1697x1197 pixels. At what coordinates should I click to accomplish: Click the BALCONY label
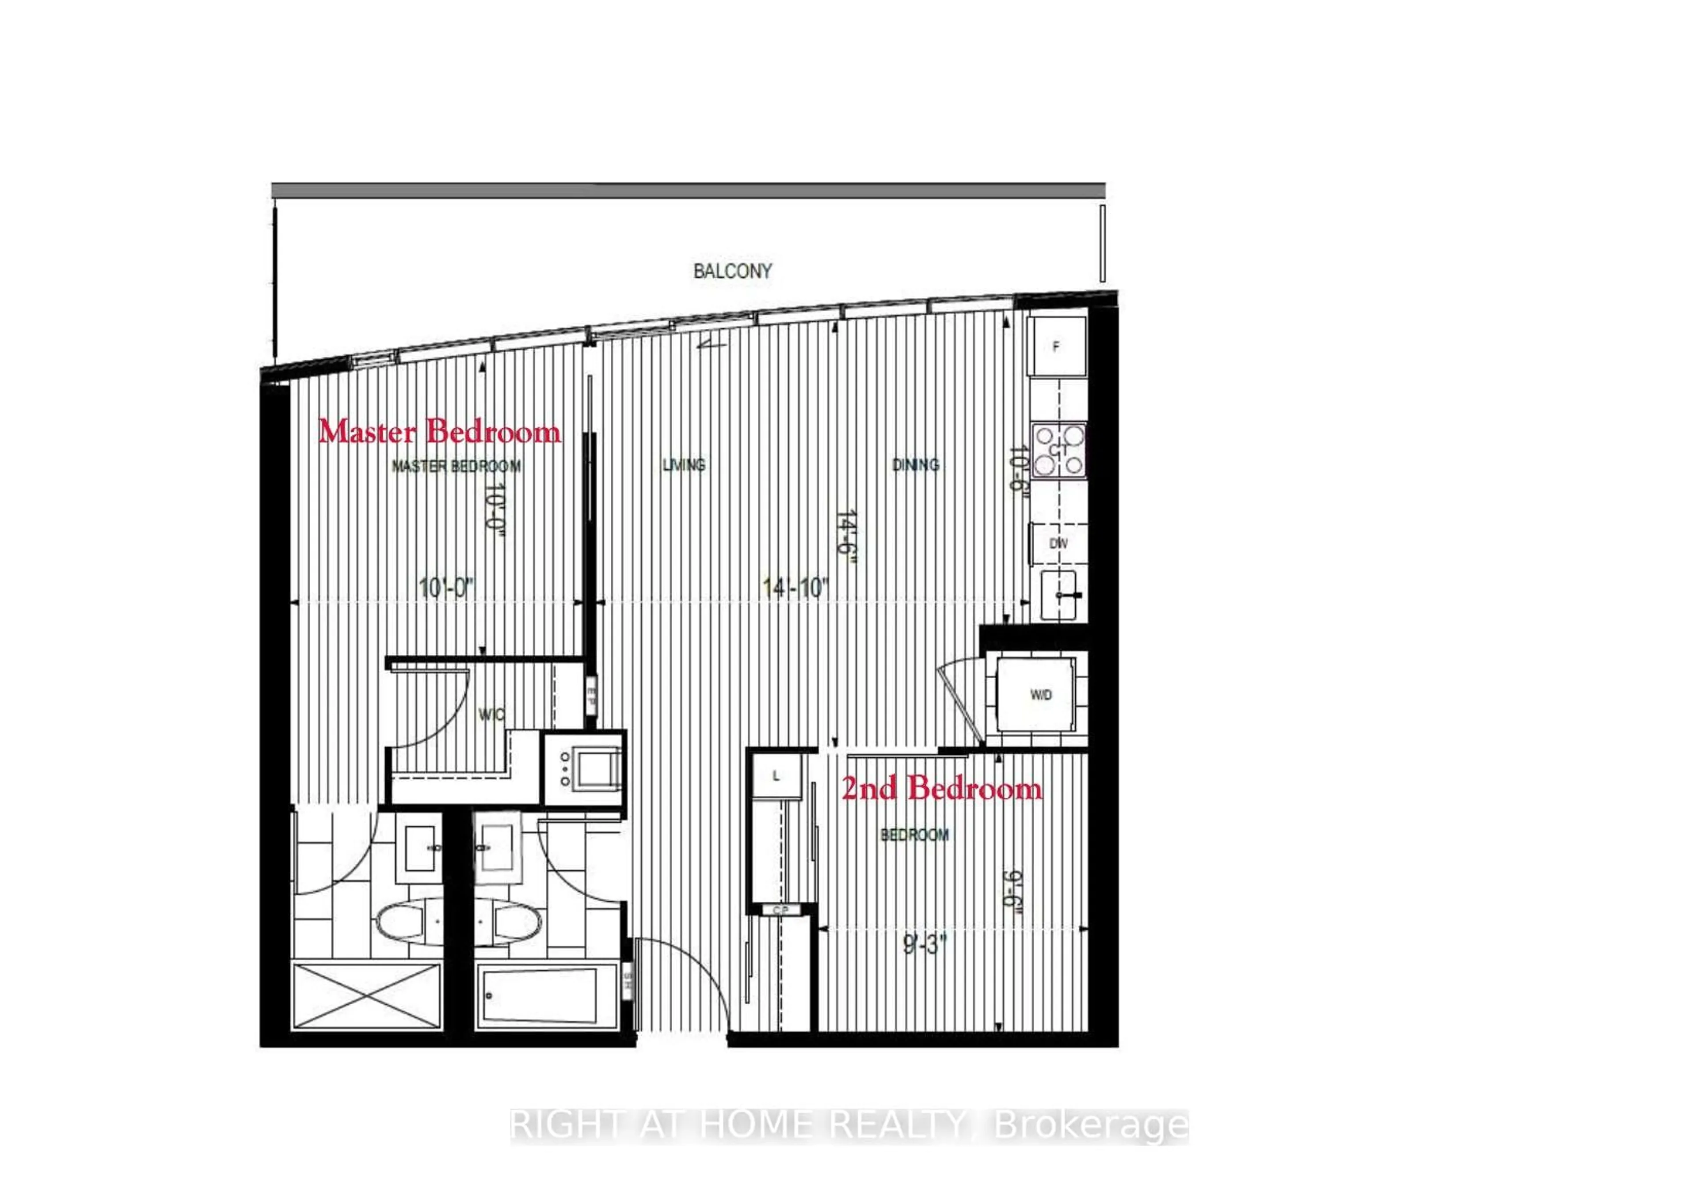tap(732, 271)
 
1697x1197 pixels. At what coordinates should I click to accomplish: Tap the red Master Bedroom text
tap(440, 432)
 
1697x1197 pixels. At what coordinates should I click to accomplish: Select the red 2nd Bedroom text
tap(942, 789)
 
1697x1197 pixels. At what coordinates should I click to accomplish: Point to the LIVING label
tap(684, 465)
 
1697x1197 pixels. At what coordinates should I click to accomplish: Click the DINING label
tap(916, 465)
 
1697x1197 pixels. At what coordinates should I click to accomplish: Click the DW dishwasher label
tap(1058, 543)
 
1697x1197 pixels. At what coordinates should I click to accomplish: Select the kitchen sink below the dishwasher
tap(1063, 595)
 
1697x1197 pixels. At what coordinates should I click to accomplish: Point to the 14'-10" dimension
tap(795, 588)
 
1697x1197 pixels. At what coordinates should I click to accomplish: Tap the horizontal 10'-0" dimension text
tap(446, 588)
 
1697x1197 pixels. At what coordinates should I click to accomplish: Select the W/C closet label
tap(491, 714)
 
